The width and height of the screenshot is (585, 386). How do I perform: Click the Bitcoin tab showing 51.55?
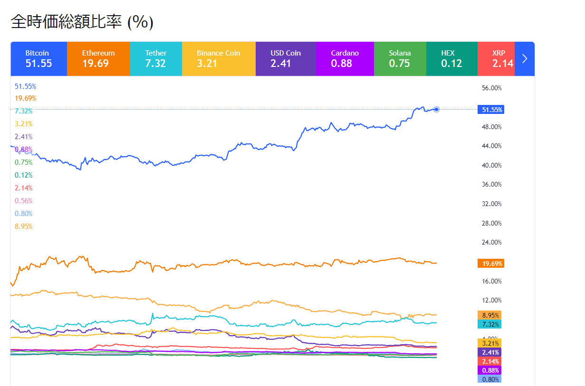click(x=38, y=58)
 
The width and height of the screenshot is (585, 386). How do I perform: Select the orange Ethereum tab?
click(x=98, y=58)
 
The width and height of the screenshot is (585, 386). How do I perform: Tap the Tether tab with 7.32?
click(x=156, y=58)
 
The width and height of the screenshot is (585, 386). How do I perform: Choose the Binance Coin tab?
click(x=219, y=58)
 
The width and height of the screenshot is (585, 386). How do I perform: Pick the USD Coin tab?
click(x=286, y=58)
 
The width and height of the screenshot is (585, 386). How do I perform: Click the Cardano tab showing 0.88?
click(x=345, y=58)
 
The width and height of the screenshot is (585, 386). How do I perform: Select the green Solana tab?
click(x=400, y=58)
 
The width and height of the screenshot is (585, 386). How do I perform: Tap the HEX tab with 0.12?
click(x=451, y=58)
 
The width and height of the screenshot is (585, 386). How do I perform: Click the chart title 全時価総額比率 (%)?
click(x=82, y=22)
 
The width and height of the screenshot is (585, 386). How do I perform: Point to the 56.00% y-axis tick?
click(x=491, y=88)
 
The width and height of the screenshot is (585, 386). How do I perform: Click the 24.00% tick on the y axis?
click(x=491, y=242)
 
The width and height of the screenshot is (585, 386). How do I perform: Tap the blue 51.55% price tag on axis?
click(x=490, y=110)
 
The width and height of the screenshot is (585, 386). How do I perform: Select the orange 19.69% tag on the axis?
click(x=490, y=264)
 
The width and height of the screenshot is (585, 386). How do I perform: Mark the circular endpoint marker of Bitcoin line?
click(x=436, y=110)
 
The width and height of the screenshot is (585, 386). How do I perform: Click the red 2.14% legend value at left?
click(x=24, y=188)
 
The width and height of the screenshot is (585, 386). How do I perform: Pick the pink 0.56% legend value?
click(x=24, y=201)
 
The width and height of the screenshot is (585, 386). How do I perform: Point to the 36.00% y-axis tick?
click(x=491, y=184)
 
